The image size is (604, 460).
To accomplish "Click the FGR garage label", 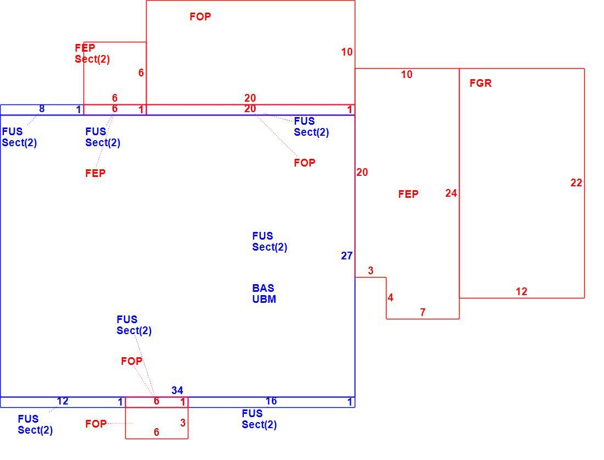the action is coord(480,83).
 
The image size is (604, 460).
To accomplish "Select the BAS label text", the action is coord(263,288).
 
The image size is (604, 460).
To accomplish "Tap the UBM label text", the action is coord(264,299).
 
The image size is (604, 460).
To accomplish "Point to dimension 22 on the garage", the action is coord(576,183).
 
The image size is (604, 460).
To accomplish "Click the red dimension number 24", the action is coord(451,193).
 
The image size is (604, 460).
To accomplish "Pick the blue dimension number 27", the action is coord(346,256).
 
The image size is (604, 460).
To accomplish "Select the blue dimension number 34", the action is coord(177,390).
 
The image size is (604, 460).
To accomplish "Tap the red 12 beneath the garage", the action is coord(522,291).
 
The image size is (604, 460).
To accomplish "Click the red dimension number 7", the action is coord(423,312).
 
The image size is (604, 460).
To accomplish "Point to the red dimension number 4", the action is coord(390,298).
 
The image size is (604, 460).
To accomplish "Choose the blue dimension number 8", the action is coord(42,109).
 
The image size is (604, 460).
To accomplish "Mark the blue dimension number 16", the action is coord(271,401).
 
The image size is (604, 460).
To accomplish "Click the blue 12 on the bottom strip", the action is coord(63,401).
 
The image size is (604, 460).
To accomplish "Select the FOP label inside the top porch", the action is coord(200,16).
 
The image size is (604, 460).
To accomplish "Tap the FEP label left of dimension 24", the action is coord(409,194).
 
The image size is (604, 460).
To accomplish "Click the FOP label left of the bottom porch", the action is coord(96,424).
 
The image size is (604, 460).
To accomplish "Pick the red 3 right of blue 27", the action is coord(371,271).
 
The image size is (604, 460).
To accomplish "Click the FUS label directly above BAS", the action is coord(262,236).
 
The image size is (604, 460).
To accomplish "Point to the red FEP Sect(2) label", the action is coord(92,54).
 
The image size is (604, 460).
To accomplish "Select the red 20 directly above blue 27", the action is coord(362,173).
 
